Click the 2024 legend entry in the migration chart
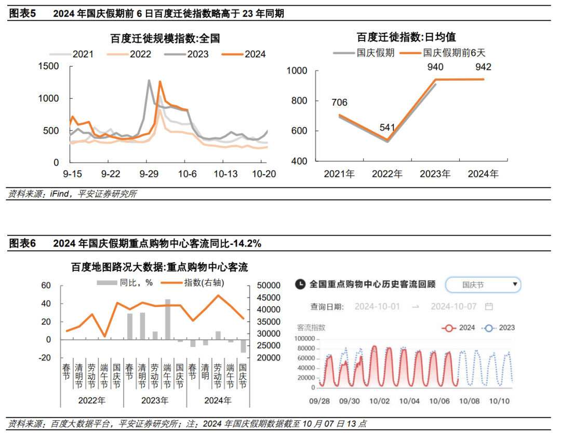(x=244, y=54)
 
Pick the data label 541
(x=388, y=127)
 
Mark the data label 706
(x=339, y=103)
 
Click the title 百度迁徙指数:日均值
(x=406, y=37)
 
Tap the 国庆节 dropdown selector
(x=483, y=285)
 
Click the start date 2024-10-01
(x=377, y=306)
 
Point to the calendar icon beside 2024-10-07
(x=489, y=306)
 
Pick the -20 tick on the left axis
(x=45, y=358)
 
